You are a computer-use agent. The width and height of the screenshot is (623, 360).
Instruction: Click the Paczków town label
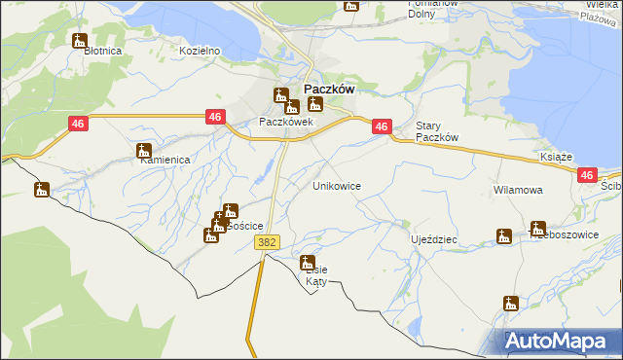click(x=321, y=87)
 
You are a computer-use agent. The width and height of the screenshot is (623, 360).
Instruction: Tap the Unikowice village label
click(x=337, y=185)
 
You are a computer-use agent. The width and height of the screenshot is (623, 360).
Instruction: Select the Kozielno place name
click(x=201, y=51)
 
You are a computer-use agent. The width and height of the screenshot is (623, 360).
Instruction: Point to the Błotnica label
click(x=101, y=51)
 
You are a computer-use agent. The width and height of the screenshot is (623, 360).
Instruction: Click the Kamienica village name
click(x=163, y=162)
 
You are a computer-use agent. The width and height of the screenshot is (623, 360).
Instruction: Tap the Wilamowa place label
click(x=517, y=191)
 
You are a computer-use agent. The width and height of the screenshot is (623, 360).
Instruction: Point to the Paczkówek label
click(x=285, y=123)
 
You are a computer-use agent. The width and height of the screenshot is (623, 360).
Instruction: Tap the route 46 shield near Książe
click(x=586, y=175)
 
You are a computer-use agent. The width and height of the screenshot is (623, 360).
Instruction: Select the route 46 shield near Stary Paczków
click(x=382, y=126)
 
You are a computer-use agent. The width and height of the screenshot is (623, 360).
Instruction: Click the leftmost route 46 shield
click(x=79, y=125)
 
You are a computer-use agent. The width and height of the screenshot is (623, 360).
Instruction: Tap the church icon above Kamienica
click(x=144, y=151)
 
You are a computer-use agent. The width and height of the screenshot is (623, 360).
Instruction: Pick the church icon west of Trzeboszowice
click(x=503, y=236)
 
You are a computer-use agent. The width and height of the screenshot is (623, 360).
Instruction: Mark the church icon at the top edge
click(x=351, y=5)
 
